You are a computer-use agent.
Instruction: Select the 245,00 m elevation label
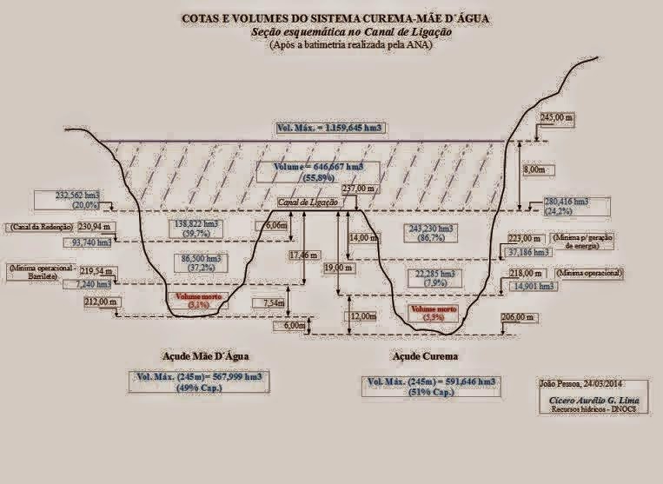(x=557, y=116)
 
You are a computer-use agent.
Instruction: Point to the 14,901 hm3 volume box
(x=534, y=285)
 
